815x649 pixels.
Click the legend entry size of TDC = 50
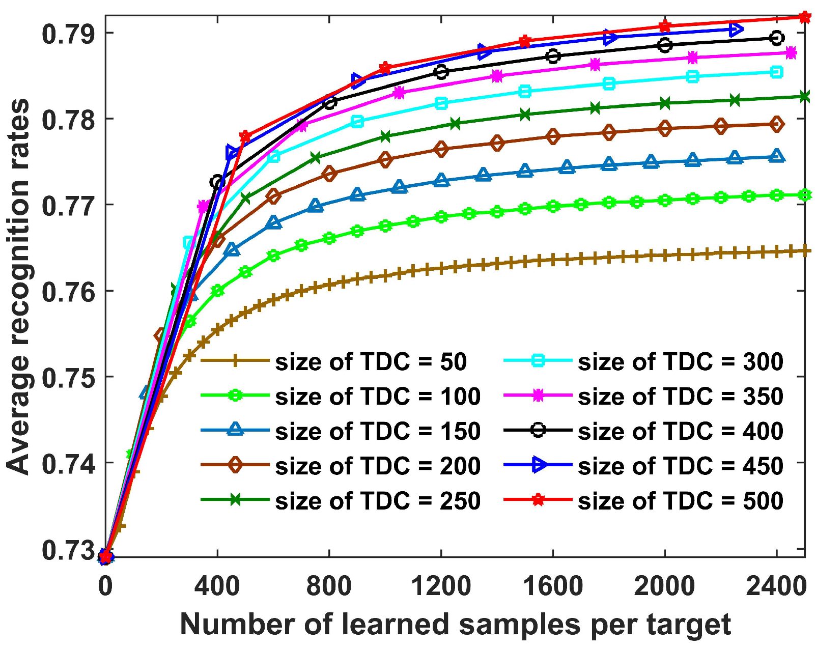(371, 362)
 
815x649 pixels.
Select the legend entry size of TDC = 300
(680, 362)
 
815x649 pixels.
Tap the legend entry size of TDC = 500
(680, 501)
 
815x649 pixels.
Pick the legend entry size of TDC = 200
(378, 466)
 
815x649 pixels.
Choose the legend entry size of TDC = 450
(680, 466)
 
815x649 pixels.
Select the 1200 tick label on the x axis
(441, 586)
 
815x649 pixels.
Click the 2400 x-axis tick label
(776, 586)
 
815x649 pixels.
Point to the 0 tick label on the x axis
(105, 586)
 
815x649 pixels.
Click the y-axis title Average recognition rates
(18, 287)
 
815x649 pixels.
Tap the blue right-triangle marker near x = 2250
(736, 30)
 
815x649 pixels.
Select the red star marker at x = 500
(245, 136)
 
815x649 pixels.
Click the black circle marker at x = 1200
(441, 72)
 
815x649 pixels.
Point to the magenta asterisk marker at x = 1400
(497, 76)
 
